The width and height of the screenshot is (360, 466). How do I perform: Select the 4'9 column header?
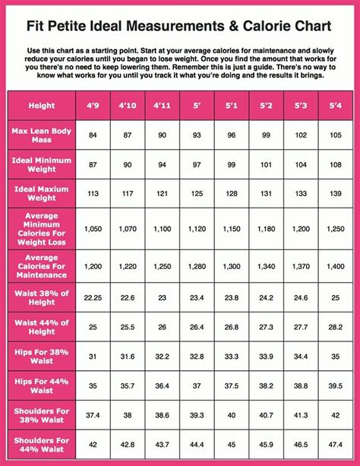(93, 105)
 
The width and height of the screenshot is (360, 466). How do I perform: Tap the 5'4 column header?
(334, 105)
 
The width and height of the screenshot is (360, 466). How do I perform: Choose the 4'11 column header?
(162, 105)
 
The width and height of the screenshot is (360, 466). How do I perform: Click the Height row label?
(43, 105)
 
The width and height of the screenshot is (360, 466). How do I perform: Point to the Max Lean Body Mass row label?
(43, 135)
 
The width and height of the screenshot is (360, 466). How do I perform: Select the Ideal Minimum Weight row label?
(43, 164)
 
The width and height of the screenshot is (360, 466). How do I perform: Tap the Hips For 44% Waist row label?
(43, 385)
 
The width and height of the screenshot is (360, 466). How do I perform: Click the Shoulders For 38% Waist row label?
(43, 414)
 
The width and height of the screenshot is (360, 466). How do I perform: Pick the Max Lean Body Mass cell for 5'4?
(334, 135)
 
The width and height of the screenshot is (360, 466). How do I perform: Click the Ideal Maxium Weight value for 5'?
(197, 193)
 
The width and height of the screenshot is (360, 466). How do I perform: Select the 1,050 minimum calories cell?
(93, 229)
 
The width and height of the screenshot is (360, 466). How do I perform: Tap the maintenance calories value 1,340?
(266, 267)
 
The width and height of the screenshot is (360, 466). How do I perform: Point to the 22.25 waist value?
(93, 298)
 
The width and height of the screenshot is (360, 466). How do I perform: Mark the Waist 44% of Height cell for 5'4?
(334, 327)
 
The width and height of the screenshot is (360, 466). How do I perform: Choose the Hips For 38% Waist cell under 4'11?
(162, 356)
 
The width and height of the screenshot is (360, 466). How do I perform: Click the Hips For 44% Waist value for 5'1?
(231, 385)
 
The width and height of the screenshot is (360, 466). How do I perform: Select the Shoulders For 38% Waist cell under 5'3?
(300, 414)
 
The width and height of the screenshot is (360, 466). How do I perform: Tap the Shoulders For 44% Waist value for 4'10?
(128, 444)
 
